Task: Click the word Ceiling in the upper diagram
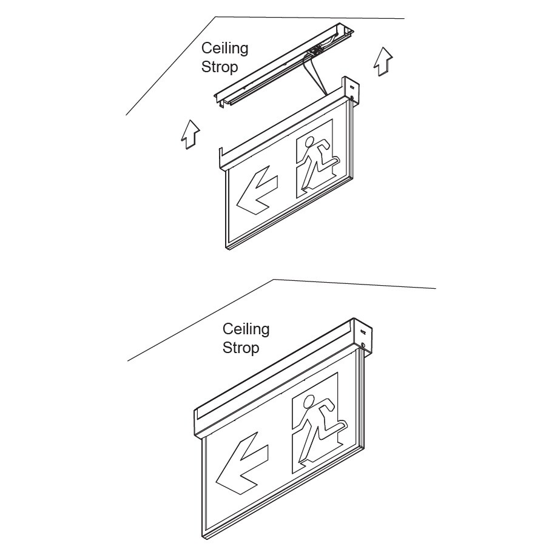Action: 224,49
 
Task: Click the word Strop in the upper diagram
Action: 220,67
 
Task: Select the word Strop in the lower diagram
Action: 241,348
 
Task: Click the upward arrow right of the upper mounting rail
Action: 383,61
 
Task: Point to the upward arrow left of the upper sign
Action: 190,135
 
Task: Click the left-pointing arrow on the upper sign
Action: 257,190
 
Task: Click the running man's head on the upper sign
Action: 309,142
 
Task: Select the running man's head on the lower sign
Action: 308,402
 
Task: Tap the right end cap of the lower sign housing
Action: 364,337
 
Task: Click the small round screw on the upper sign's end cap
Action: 352,98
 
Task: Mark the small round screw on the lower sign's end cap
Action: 364,345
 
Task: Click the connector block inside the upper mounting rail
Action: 315,51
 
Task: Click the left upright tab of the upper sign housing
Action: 220,158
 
